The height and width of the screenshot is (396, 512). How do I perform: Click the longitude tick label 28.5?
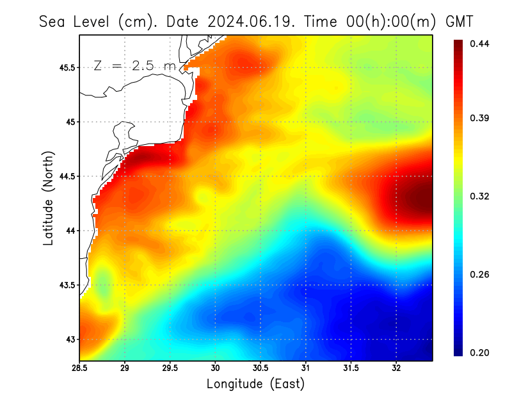pos(79,368)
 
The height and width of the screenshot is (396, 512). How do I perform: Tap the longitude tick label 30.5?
pos(260,368)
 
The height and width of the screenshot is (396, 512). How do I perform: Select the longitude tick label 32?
pos(396,368)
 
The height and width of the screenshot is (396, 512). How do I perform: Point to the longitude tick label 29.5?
pos(170,368)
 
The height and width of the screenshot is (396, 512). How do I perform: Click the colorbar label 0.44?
pos(479,44)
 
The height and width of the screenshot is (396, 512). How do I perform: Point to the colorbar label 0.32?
pos(479,196)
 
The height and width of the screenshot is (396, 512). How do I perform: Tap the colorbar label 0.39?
pos(479,118)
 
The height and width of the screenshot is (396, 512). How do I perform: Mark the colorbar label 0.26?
pos(479,274)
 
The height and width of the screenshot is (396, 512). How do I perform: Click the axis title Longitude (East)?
pos(255,384)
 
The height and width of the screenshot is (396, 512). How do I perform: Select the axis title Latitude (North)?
pos(49,198)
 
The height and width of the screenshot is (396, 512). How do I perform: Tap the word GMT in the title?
pos(459,21)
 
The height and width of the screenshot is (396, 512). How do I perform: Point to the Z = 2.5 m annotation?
pos(134,65)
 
